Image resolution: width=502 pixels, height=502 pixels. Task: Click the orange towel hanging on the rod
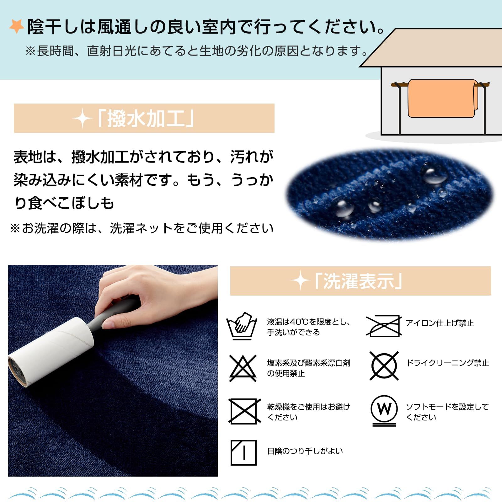[442, 99]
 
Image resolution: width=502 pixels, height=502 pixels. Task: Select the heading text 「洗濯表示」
[359, 281]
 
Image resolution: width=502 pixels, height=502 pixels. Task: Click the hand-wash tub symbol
[242, 326]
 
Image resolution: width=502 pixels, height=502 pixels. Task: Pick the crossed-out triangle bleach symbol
[243, 368]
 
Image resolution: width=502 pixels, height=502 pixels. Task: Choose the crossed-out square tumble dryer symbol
[244, 411]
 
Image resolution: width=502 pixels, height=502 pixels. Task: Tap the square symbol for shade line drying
[243, 452]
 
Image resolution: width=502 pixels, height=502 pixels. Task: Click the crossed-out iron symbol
[384, 326]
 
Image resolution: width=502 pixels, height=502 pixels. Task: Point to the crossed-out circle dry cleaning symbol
[384, 366]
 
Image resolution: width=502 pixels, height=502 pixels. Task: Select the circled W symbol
[384, 410]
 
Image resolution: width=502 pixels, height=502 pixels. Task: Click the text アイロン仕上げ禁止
[440, 323]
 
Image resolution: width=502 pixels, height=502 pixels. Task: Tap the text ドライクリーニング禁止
[447, 363]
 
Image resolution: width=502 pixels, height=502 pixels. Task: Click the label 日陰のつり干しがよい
[305, 451]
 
